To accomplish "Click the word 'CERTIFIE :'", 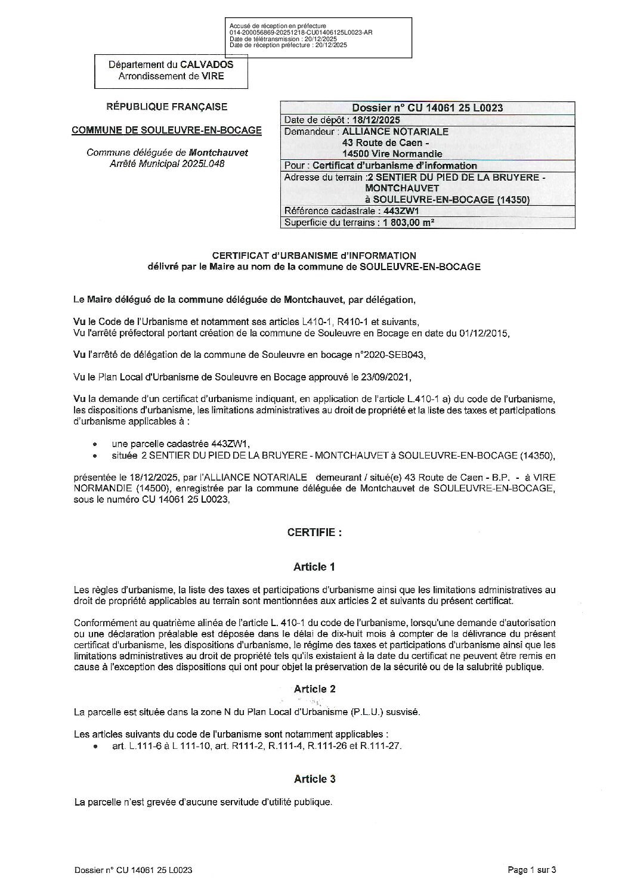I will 314,532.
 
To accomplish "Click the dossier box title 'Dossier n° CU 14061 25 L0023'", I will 427,108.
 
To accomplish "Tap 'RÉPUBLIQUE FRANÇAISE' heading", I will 166,107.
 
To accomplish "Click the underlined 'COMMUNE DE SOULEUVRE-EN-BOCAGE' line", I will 166,130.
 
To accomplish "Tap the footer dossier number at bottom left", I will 134,870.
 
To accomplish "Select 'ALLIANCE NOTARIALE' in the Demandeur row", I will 396,131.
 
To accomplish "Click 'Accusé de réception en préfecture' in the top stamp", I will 278,26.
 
